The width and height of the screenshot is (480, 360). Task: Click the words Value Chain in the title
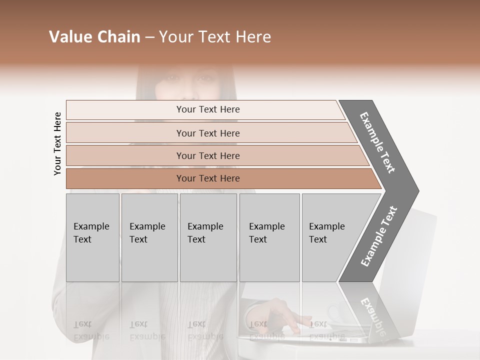pos(94,37)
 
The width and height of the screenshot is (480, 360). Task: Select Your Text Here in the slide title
pos(215,37)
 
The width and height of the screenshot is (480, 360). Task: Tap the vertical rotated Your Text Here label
pos(57,143)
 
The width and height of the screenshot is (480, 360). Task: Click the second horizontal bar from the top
pos(208,133)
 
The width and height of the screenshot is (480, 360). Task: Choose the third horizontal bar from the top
pos(208,155)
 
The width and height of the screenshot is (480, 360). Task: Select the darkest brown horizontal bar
pos(208,178)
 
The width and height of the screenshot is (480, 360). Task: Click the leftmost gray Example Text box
pos(92,237)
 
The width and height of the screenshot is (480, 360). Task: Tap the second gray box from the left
pos(149,237)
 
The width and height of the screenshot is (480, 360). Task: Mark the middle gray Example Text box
pos(208,237)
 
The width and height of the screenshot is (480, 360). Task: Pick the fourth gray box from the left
pos(269,237)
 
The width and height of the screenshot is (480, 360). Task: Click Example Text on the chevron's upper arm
pos(377,142)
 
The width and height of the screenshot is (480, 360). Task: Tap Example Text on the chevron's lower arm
pos(378,236)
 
